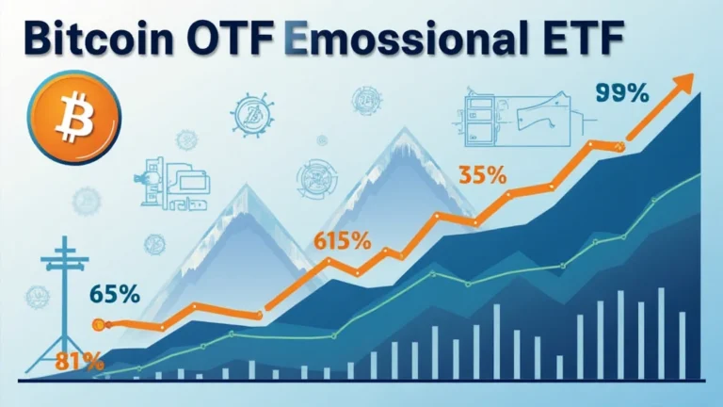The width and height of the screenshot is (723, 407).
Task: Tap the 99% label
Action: pyautogui.click(x=622, y=95)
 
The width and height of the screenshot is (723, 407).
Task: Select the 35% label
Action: pyautogui.click(x=482, y=175)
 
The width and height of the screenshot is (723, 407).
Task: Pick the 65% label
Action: pyautogui.click(x=115, y=294)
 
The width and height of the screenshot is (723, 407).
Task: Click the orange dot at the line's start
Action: pyautogui.click(x=97, y=325)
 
